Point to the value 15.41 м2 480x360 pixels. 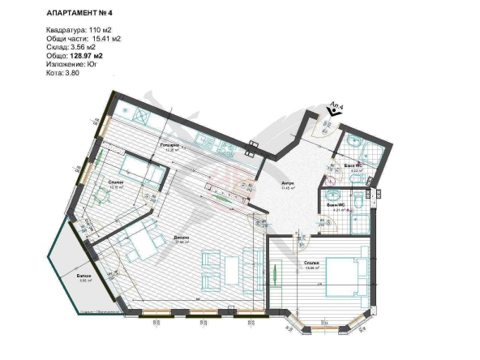(x=109, y=38)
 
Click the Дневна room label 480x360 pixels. (x=181, y=237)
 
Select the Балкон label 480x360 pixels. (x=84, y=276)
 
